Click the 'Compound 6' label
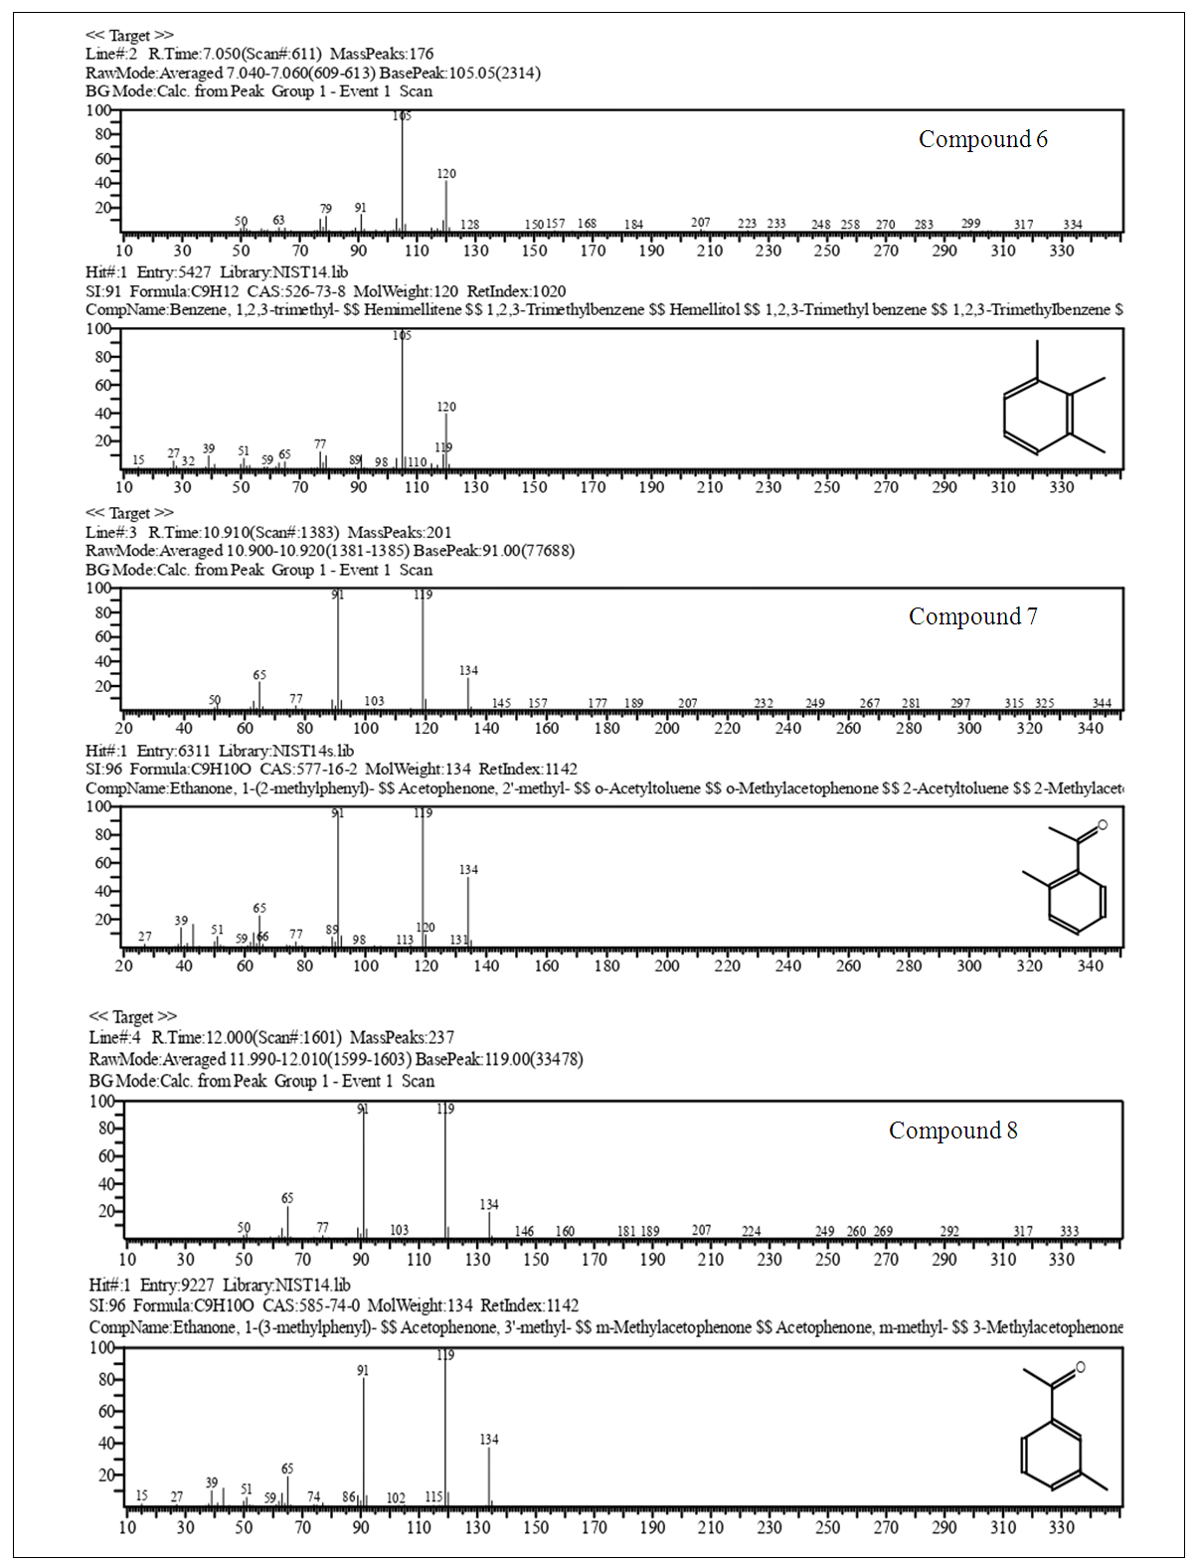pyautogui.click(x=982, y=139)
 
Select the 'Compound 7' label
pyautogui.click(x=972, y=616)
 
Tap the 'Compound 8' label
pyautogui.click(x=952, y=1130)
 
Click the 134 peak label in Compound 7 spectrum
pyautogui.click(x=468, y=671)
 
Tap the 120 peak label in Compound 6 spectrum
pyautogui.click(x=446, y=174)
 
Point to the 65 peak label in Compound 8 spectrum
pyautogui.click(x=287, y=1199)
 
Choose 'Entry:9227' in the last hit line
pyautogui.click(x=177, y=1285)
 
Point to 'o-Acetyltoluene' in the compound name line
pyautogui.click(x=646, y=788)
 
